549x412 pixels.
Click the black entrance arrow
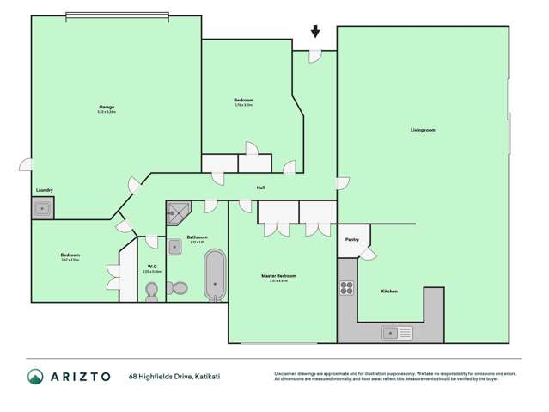click(x=315, y=32)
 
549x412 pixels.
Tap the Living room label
click(x=423, y=130)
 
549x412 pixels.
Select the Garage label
click(x=107, y=108)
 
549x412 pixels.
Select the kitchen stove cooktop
click(x=347, y=288)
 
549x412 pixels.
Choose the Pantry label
click(x=351, y=240)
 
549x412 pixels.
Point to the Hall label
click(x=259, y=187)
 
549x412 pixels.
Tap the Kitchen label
click(x=389, y=292)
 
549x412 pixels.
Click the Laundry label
click(x=45, y=190)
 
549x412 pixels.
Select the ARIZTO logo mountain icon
click(x=35, y=376)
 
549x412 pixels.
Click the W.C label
click(x=151, y=266)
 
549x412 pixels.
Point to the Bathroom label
click(x=198, y=237)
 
